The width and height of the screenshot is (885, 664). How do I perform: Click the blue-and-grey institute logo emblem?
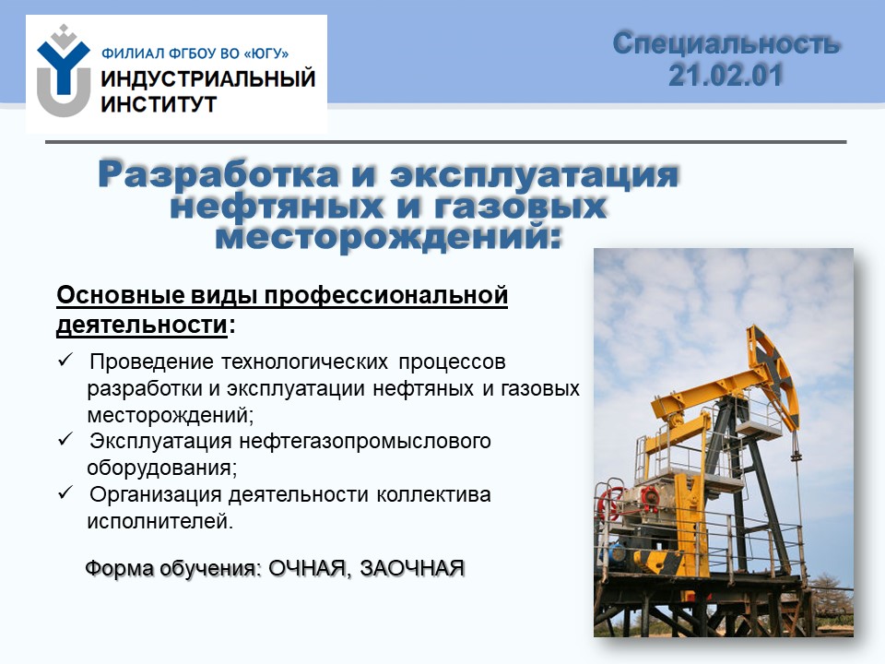point(64,71)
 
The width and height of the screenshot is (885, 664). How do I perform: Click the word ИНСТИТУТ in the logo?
point(159,104)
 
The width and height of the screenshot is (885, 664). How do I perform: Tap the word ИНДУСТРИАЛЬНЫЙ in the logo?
point(207,78)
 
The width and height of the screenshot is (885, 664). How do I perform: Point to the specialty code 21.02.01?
point(726,75)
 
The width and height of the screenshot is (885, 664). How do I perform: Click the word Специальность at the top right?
point(727,43)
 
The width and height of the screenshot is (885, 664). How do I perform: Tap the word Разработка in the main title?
point(219,174)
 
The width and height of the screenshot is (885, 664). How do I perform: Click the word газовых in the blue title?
point(520,206)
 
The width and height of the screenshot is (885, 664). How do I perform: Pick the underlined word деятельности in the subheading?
point(142,326)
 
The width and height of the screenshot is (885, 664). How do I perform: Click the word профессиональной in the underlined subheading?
point(386,296)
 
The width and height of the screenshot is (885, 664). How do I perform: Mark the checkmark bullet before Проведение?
point(65,360)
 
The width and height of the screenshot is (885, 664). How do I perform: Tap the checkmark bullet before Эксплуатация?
point(65,439)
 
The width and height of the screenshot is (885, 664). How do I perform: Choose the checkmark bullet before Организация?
point(65,492)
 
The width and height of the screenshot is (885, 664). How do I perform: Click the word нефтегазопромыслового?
point(365,441)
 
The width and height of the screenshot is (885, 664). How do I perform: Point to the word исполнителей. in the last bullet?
point(159,520)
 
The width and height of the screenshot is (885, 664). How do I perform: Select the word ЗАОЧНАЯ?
point(412,568)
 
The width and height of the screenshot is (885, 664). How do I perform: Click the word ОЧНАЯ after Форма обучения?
point(306,568)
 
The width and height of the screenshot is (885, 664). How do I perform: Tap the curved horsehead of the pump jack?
point(775,373)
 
